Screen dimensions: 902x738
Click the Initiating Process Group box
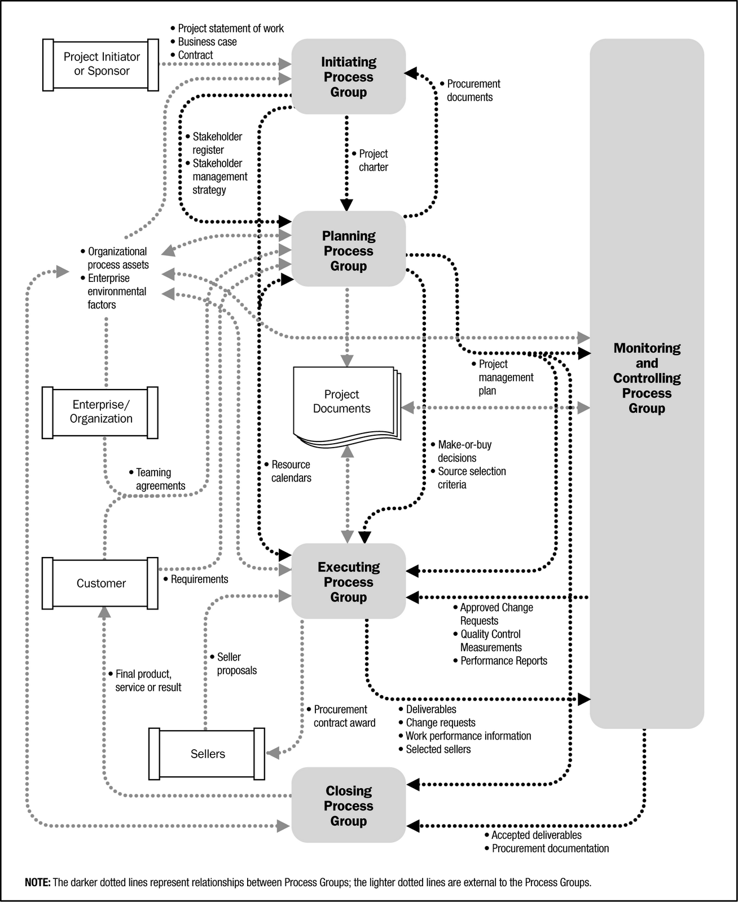click(x=349, y=77)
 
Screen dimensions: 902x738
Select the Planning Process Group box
click(x=349, y=251)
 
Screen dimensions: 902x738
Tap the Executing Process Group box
click(x=349, y=582)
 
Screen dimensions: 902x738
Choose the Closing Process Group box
click(x=349, y=806)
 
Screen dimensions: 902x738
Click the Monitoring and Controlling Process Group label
click(x=647, y=378)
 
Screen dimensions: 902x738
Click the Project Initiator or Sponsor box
click(x=101, y=64)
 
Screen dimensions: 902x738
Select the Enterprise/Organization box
click(x=100, y=412)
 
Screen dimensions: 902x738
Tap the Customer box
click(x=100, y=583)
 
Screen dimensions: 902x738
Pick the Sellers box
click(x=207, y=754)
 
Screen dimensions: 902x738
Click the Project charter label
click(x=373, y=161)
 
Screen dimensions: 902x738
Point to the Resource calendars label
click(x=291, y=471)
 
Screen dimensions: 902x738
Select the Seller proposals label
click(x=236, y=664)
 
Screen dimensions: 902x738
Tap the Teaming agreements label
click(x=160, y=479)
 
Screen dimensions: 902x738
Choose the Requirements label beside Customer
click(x=199, y=579)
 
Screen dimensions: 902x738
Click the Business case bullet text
click(x=207, y=42)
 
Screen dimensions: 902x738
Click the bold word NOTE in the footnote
click(x=38, y=882)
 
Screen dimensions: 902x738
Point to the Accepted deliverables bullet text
click(x=536, y=835)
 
